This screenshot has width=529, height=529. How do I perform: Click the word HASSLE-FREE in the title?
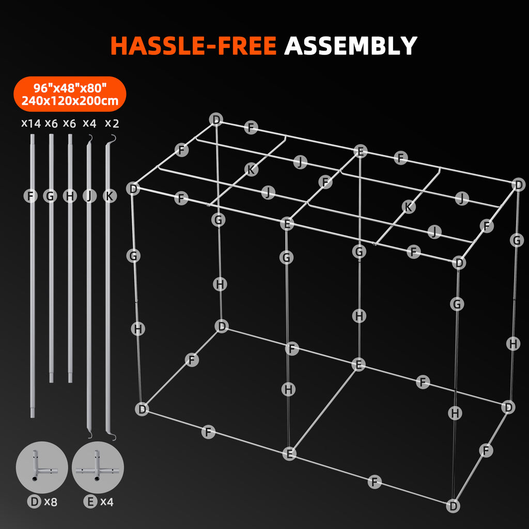tap(193, 45)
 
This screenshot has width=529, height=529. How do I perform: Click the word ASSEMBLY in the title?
tap(350, 45)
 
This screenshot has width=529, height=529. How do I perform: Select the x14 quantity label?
tap(30, 123)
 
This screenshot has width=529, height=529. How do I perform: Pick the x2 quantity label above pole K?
tap(112, 123)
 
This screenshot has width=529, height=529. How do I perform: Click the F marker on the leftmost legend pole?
tap(31, 196)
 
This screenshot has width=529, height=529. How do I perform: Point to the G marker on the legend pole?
tap(50, 196)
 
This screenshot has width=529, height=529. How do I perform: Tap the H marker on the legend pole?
tap(69, 196)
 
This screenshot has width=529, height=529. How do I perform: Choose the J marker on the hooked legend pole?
tap(89, 196)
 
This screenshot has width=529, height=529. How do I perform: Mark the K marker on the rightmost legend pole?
tap(108, 196)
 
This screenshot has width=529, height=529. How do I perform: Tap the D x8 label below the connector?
tap(42, 502)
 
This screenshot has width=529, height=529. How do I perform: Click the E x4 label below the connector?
tap(98, 502)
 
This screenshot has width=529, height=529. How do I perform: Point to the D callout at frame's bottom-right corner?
tap(453, 506)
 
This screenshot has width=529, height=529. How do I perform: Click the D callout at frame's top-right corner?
tap(519, 184)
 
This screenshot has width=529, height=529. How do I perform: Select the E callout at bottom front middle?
tap(289, 454)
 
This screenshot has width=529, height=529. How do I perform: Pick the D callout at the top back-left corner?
tap(216, 120)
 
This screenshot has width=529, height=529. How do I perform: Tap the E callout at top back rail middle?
tap(361, 151)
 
